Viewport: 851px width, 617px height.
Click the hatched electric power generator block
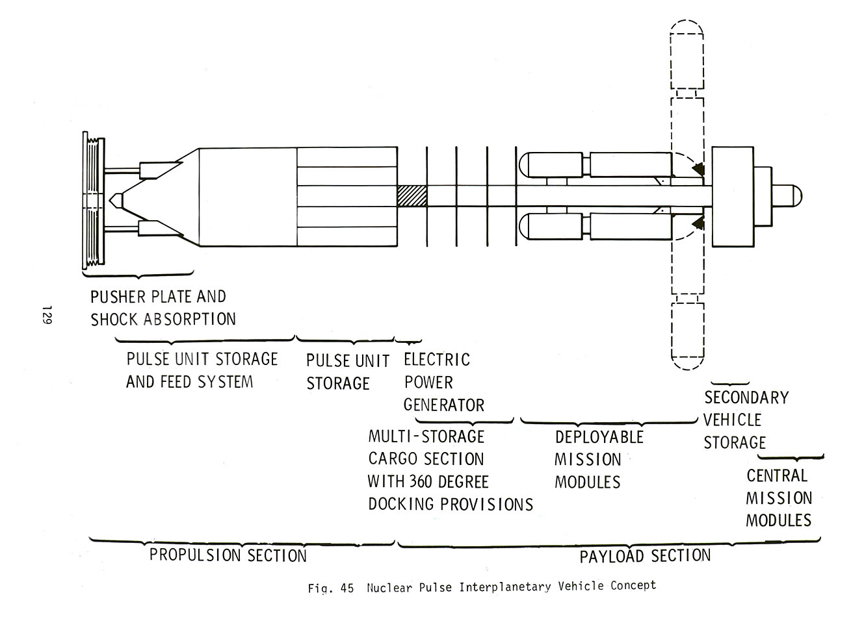coord(412,195)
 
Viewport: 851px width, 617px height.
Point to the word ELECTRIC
coord(436,359)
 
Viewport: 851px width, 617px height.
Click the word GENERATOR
coord(443,405)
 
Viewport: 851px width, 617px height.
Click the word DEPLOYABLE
coord(598,436)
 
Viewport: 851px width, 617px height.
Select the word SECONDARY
coord(746,397)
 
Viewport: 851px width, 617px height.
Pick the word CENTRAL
coord(777,475)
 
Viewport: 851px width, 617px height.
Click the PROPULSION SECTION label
coord(228,555)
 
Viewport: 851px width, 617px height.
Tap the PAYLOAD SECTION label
coord(644,556)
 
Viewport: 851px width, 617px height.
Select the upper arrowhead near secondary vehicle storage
coord(698,170)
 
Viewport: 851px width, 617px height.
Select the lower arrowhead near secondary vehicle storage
coord(698,223)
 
